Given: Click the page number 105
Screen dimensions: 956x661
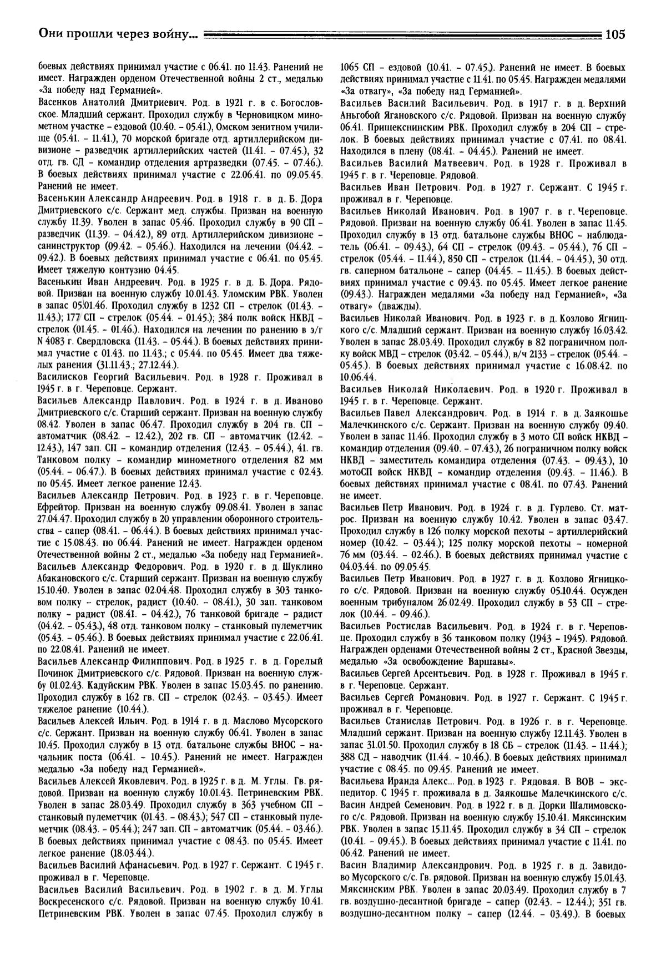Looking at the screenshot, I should tap(615, 34).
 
